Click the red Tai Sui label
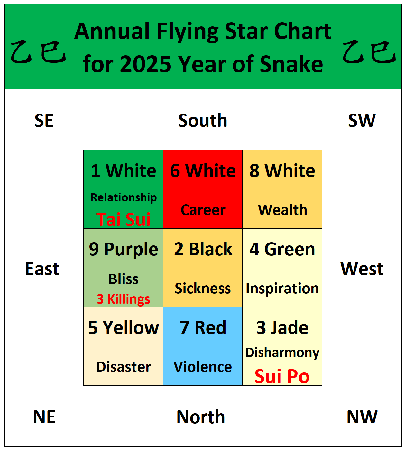(x=123, y=219)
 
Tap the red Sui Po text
(x=282, y=376)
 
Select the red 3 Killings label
(x=123, y=299)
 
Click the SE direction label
(x=44, y=121)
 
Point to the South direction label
(x=203, y=121)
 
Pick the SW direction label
(x=362, y=121)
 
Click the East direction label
(x=42, y=269)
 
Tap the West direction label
(x=362, y=269)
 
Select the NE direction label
(x=44, y=417)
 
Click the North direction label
(x=201, y=417)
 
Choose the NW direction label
(x=362, y=417)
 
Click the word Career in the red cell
(x=203, y=210)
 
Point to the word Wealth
(x=282, y=210)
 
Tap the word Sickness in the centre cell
(x=203, y=289)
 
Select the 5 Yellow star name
(x=124, y=328)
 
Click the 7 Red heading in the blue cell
(x=203, y=328)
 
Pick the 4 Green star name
(x=282, y=249)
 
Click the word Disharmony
(x=282, y=353)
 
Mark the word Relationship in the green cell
(x=124, y=197)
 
